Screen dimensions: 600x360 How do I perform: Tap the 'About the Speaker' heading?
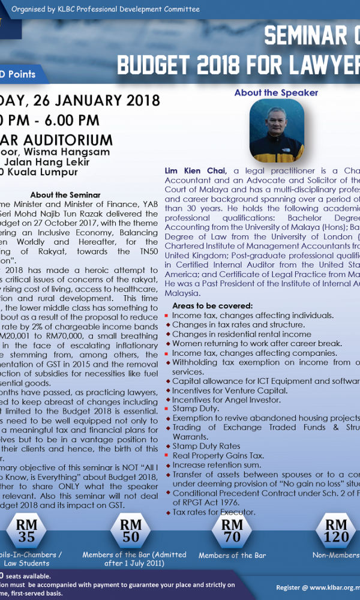276,92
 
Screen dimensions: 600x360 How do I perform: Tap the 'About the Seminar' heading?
65,195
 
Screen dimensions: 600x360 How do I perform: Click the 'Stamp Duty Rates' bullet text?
206,446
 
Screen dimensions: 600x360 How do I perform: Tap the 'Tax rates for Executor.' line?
214,512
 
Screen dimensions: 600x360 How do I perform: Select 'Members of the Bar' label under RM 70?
232,556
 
